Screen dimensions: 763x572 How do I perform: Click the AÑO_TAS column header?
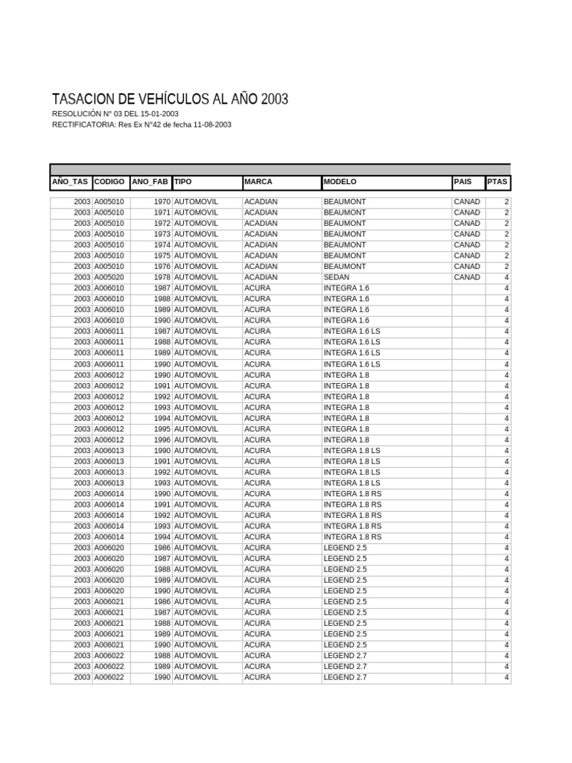click(71, 182)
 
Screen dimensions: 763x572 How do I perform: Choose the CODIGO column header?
click(109, 182)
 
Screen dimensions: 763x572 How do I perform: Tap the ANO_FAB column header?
click(150, 182)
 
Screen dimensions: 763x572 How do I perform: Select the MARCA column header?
click(258, 182)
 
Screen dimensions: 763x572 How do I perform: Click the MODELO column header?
click(340, 182)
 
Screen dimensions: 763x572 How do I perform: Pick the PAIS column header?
click(463, 182)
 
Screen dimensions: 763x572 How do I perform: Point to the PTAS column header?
click(497, 182)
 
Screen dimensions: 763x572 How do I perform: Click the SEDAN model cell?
click(336, 277)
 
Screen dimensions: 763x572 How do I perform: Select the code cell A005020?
click(109, 277)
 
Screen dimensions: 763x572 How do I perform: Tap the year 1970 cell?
click(162, 202)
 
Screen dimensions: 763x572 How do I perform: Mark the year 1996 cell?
click(162, 440)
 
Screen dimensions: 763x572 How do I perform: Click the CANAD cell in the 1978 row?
click(467, 277)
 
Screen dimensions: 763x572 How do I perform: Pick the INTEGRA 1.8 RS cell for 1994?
click(352, 536)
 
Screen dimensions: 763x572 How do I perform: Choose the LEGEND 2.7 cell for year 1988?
click(345, 656)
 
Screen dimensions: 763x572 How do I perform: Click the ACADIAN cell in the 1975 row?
click(261, 256)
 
